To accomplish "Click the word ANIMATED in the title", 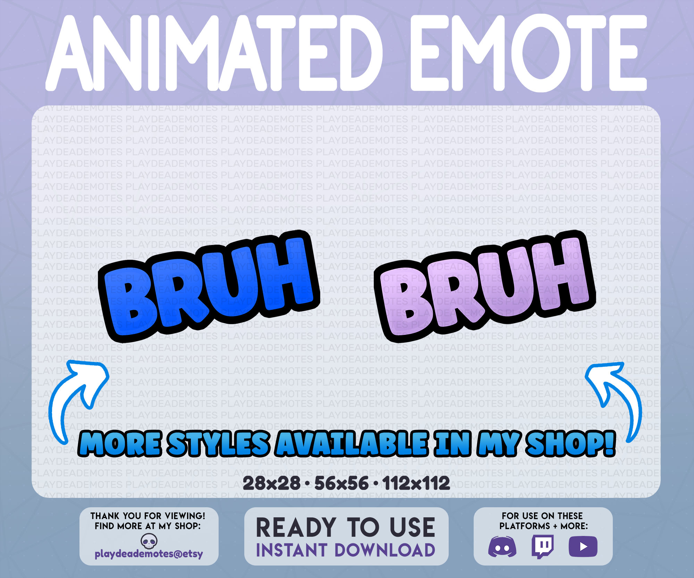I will point(215,54).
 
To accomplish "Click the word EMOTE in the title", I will point(527,54).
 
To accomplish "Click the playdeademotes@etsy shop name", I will point(149,554).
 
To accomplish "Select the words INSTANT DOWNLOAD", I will point(346,550).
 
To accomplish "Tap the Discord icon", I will point(502,547).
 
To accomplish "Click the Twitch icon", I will point(542,546).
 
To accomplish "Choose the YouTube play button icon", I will point(583,547).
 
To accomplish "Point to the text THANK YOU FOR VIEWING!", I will point(148,516).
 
